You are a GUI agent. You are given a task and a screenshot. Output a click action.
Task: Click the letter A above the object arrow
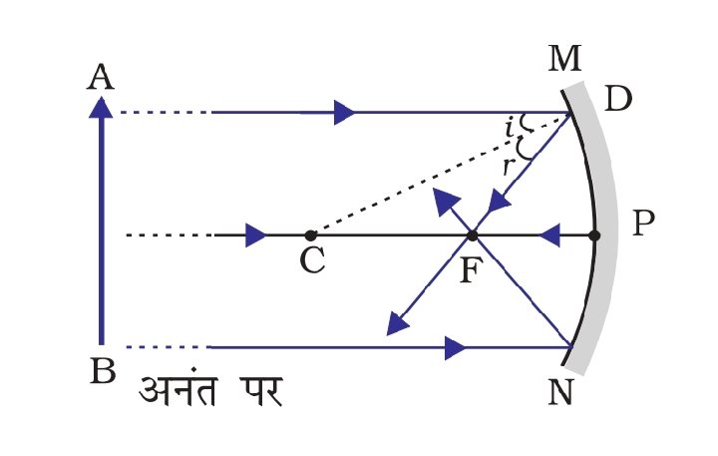[99, 76]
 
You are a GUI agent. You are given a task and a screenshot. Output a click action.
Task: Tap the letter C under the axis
[312, 261]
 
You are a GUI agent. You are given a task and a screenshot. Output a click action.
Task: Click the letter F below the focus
[470, 269]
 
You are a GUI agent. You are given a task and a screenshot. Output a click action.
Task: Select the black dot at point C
[311, 235]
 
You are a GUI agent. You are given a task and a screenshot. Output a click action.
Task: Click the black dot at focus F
[472, 236]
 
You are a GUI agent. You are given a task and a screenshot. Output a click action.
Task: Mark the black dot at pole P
[595, 236]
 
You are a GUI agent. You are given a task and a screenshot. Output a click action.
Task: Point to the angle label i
[510, 127]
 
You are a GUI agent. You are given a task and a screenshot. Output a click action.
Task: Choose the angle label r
[508, 166]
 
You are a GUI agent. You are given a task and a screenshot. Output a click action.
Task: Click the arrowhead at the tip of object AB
[101, 104]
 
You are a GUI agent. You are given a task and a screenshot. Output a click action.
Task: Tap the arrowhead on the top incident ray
[344, 113]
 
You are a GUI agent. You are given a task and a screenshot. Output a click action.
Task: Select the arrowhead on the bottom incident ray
[456, 347]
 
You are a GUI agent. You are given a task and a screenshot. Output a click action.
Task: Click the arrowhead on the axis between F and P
[549, 236]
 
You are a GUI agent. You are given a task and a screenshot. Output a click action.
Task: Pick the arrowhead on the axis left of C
[255, 236]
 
